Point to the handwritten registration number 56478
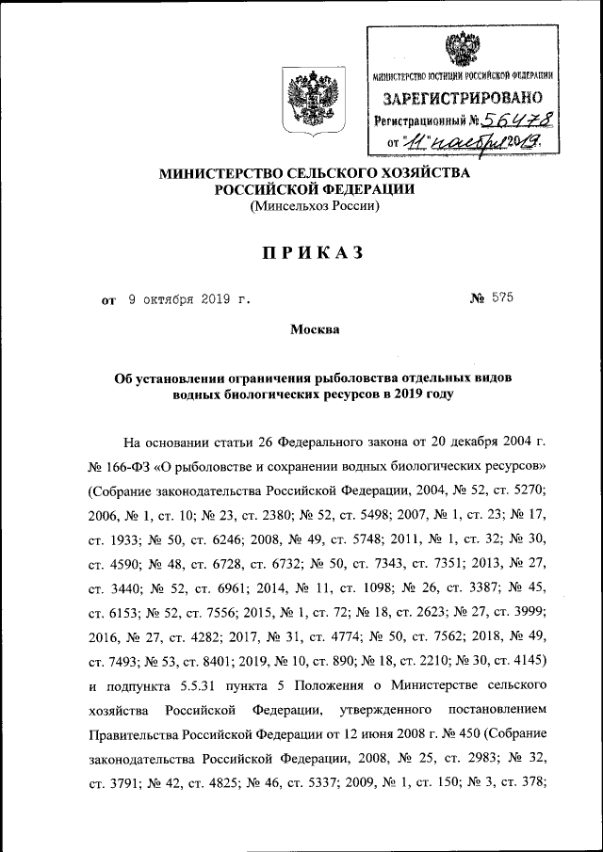515,121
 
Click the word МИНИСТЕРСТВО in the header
222,173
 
